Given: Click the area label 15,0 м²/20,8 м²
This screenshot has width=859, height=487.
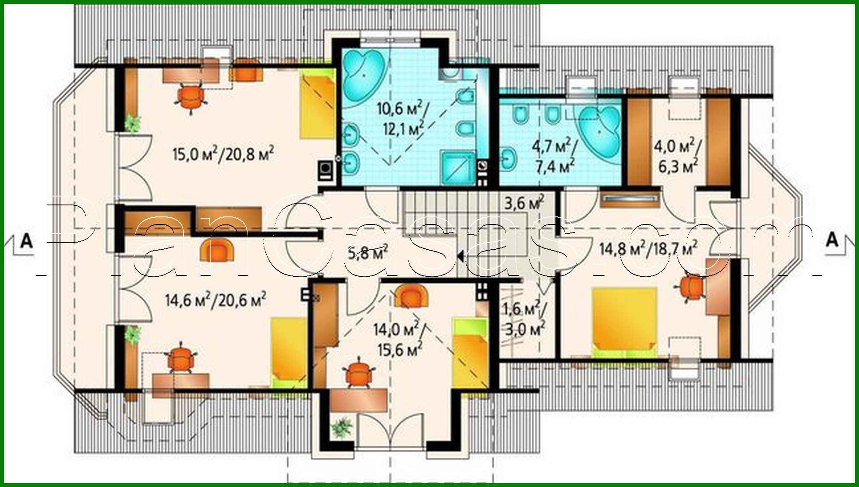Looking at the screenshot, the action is point(223,154).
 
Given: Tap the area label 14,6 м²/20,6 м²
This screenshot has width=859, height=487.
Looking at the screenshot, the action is point(216,300).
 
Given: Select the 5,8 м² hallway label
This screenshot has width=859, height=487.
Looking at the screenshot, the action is point(368,252).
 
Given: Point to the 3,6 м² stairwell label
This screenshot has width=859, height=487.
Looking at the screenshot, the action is point(524,203).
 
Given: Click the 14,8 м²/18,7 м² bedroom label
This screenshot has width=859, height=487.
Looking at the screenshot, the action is point(648,249).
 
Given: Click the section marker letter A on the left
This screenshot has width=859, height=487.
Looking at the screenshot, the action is point(27,241).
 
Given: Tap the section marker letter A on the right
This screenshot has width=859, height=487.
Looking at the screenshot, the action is point(832,240).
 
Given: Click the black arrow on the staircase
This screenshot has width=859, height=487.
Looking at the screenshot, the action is point(461,256).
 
